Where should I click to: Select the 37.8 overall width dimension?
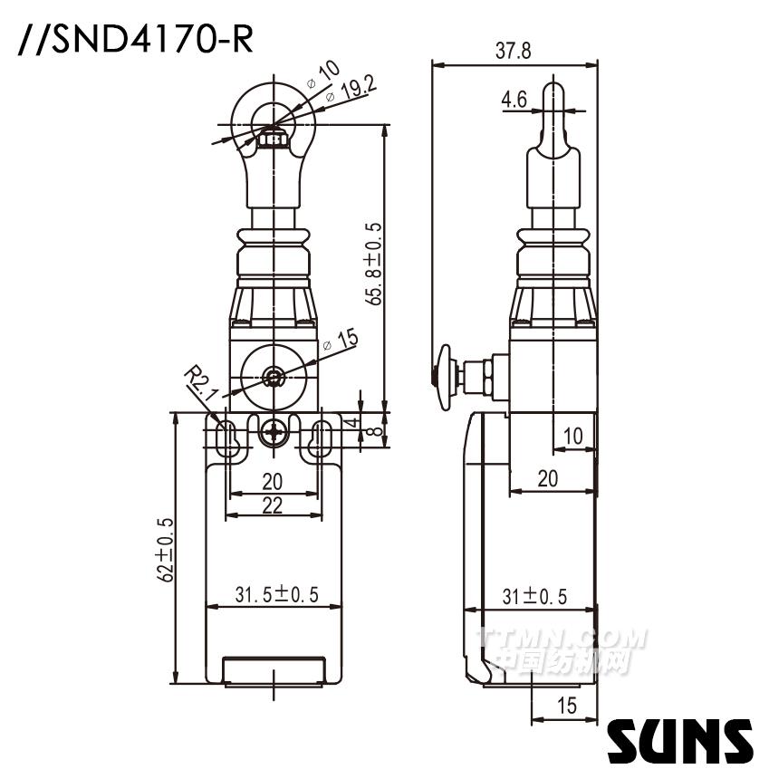click(514, 52)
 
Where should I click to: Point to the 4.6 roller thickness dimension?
click(514, 100)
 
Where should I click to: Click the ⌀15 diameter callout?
click(342, 341)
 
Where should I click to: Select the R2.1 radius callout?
click(198, 380)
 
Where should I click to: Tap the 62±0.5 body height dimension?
click(165, 547)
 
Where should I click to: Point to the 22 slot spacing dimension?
click(273, 505)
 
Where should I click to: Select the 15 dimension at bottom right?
click(567, 707)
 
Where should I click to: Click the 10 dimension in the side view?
click(573, 436)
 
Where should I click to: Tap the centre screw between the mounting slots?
click(273, 433)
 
